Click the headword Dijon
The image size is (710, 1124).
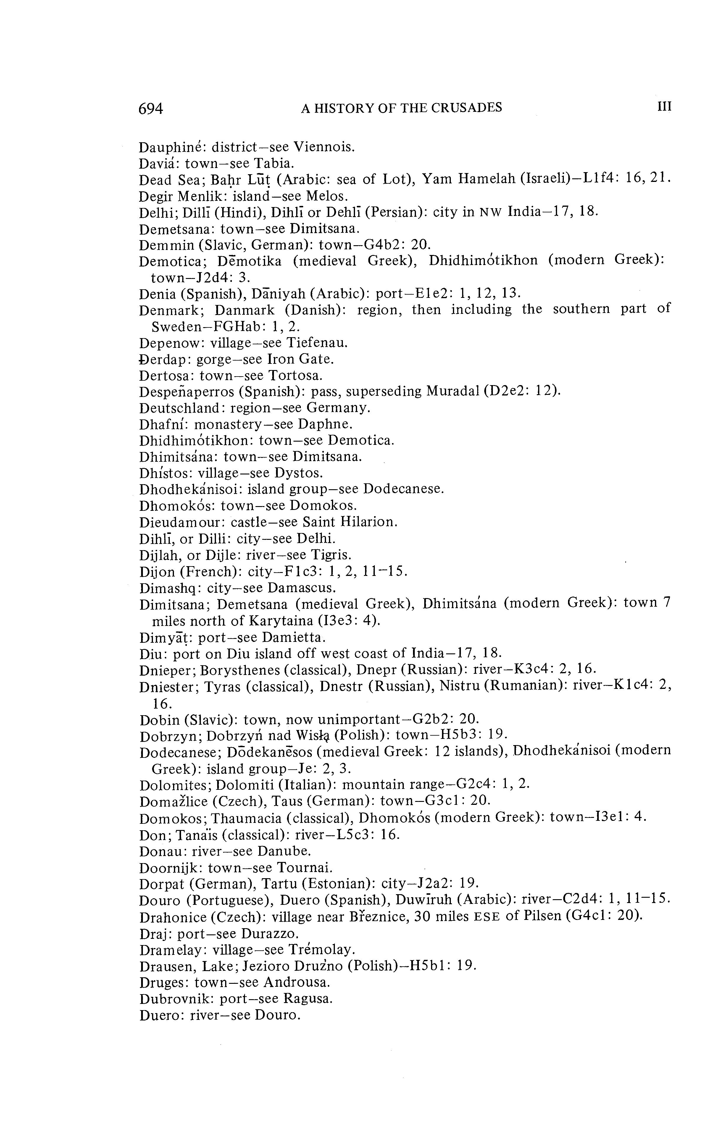pyautogui.click(x=158, y=571)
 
